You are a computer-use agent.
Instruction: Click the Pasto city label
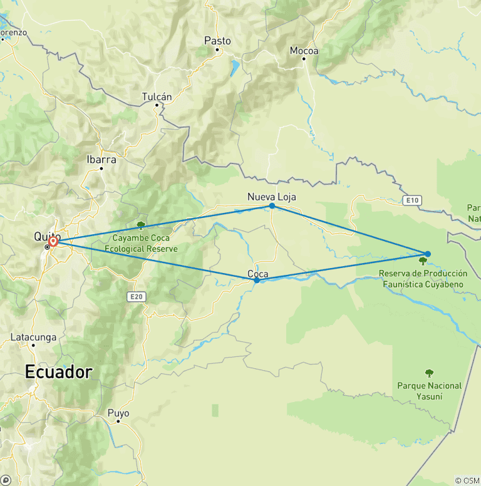pyautogui.click(x=217, y=41)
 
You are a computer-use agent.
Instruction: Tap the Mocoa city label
pyautogui.click(x=304, y=51)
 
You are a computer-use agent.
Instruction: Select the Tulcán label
pyautogui.click(x=157, y=96)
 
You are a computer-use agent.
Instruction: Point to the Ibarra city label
pyautogui.click(x=101, y=159)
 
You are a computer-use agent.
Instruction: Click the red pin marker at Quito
pyautogui.click(x=53, y=240)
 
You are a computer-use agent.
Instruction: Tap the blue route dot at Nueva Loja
pyautogui.click(x=272, y=206)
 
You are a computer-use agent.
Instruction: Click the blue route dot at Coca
pyautogui.click(x=257, y=280)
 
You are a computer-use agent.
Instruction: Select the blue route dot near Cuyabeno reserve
pyautogui.click(x=428, y=254)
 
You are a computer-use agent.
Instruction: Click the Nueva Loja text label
pyautogui.click(x=272, y=197)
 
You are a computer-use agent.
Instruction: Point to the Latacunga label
pyautogui.click(x=33, y=337)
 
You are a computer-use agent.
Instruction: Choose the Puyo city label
pyautogui.click(x=118, y=413)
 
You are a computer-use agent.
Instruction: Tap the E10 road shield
pyautogui.click(x=411, y=200)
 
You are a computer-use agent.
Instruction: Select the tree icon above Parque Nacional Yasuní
pyautogui.click(x=429, y=373)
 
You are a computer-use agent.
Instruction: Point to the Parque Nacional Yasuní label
pyautogui.click(x=429, y=391)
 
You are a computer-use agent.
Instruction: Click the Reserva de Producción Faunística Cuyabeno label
pyautogui.click(x=423, y=279)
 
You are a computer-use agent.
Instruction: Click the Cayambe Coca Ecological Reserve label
pyautogui.click(x=146, y=243)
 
